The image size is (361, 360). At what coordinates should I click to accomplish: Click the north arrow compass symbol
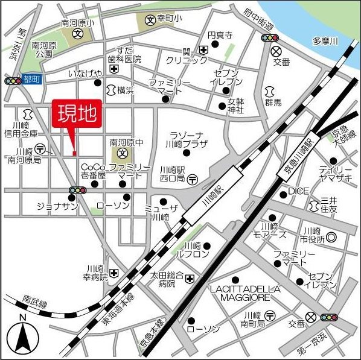[23, 338]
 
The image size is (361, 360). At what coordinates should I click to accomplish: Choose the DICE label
[298, 191]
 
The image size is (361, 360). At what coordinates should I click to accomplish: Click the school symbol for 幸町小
[150, 20]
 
